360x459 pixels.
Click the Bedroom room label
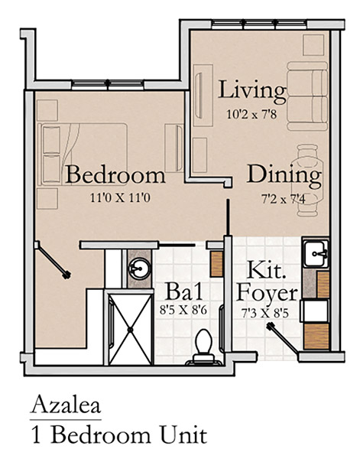(x=115, y=174)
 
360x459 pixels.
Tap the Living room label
(x=251, y=91)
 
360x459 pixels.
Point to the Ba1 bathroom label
(x=184, y=291)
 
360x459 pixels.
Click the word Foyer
(x=267, y=294)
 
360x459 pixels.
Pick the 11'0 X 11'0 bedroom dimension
(x=120, y=198)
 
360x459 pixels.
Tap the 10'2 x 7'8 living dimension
(x=251, y=114)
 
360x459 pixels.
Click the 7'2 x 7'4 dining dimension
(x=284, y=200)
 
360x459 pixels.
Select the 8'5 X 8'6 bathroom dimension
(x=183, y=310)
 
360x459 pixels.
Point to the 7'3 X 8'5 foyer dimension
(x=265, y=313)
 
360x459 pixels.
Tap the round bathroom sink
(x=140, y=269)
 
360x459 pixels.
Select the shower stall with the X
(x=131, y=329)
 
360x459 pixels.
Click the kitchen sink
(x=315, y=253)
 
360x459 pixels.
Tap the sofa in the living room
(x=307, y=96)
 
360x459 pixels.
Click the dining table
(x=308, y=181)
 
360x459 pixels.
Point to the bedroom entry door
(x=52, y=260)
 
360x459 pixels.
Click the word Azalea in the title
(x=66, y=405)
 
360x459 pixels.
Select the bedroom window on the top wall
(x=108, y=85)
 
